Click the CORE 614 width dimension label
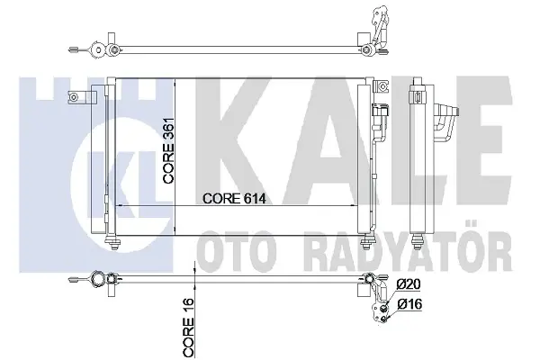[x=234, y=198]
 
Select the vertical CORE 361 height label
[x=169, y=151]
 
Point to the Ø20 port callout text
[x=409, y=284]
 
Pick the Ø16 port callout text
[x=409, y=304]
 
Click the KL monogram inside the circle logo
[x=121, y=187]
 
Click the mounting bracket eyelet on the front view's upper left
[x=73, y=97]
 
